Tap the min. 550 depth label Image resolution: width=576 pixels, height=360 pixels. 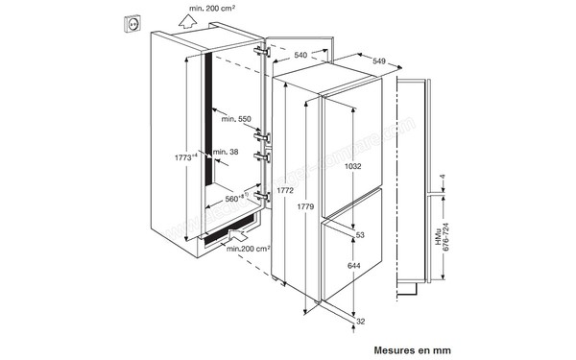pyautogui.click(x=234, y=118)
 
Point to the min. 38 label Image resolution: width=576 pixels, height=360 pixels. pyautogui.click(x=226, y=152)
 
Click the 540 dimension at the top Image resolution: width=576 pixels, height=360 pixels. pyautogui.click(x=300, y=56)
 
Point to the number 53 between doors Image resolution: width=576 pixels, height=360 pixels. pyautogui.click(x=360, y=235)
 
